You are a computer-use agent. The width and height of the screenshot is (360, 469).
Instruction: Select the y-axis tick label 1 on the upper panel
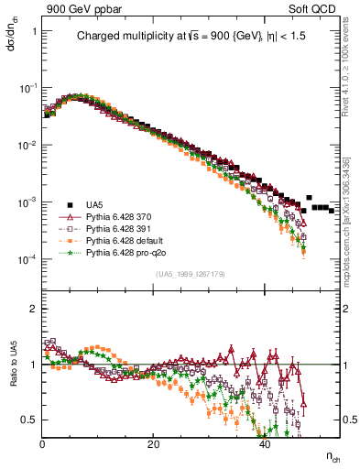pos(34,31)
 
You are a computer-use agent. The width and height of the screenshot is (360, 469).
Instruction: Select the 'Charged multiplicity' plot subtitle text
pos(189,37)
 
